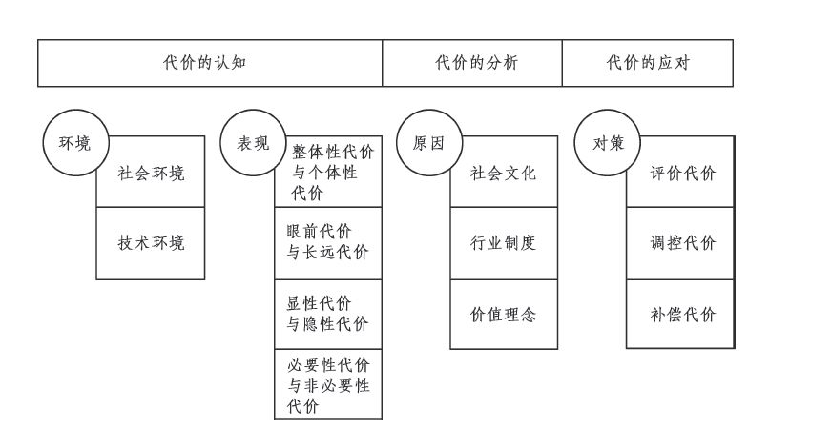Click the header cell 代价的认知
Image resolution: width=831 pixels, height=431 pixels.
pyautogui.click(x=209, y=64)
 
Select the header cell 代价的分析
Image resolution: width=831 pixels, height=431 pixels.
pyautogui.click(x=471, y=64)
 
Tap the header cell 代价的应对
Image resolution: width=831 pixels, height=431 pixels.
pyautogui.click(x=647, y=64)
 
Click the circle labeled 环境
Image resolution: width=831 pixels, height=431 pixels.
pyautogui.click(x=74, y=144)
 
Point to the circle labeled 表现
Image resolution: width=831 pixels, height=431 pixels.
pyautogui.click(x=252, y=144)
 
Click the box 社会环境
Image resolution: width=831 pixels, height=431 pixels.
pyautogui.click(x=151, y=174)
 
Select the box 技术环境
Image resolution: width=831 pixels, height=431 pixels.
pyautogui.click(x=151, y=243)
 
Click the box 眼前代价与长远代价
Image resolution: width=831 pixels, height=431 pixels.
pyautogui.click(x=328, y=243)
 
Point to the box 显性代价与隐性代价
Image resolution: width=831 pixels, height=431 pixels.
pyautogui.click(x=328, y=315)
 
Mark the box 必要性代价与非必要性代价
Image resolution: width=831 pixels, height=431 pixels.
pyautogui.click(x=328, y=385)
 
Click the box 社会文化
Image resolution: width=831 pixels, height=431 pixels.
pyautogui.click(x=504, y=174)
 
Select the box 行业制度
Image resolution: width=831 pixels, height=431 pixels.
pyautogui.click(x=504, y=243)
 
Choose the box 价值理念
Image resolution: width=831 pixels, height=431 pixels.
pyautogui.click(x=504, y=314)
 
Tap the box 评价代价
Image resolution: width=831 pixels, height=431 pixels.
pyautogui.click(x=681, y=174)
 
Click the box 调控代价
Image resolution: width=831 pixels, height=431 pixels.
pyautogui.click(x=681, y=243)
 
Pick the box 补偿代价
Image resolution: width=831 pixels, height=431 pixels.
pyautogui.click(x=681, y=314)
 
